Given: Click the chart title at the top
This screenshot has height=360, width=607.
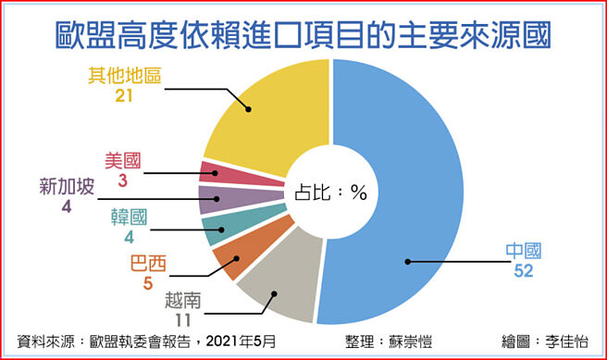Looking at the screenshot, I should (x=303, y=32).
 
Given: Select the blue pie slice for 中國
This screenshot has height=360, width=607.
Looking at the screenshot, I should (x=416, y=185).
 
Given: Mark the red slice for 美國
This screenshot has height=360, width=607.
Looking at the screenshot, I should (x=214, y=172).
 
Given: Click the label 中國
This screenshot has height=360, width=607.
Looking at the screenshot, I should (x=523, y=251).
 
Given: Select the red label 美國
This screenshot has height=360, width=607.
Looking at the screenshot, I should (x=121, y=160).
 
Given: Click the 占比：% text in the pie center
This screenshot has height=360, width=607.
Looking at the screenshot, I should (x=332, y=193).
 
